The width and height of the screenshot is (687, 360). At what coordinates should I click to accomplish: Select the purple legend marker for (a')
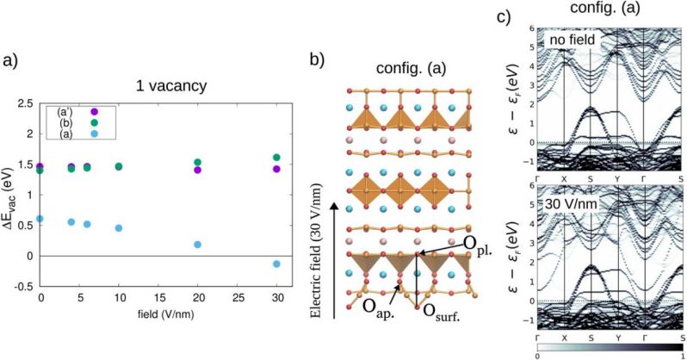click(95, 112)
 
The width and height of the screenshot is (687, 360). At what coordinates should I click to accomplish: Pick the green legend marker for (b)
click(95, 123)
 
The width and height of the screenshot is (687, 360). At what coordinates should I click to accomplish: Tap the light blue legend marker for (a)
click(95, 135)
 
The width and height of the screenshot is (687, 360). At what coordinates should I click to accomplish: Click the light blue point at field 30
click(275, 264)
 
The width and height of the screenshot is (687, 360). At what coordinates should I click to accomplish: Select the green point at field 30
click(275, 158)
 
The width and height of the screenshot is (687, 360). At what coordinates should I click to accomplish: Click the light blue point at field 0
click(40, 219)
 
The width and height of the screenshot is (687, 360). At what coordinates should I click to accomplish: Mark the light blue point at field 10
click(119, 228)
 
